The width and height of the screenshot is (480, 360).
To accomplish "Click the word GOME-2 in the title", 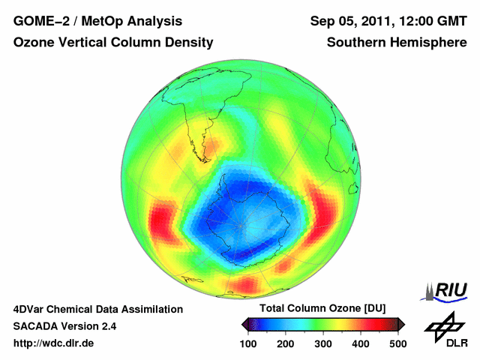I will [37, 20].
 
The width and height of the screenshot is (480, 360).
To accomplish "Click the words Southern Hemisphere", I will [397, 43].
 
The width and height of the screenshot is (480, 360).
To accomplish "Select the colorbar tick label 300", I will [324, 343].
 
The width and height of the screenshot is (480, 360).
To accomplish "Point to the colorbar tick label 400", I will [361, 343].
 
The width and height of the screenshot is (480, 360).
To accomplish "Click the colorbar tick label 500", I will [397, 343].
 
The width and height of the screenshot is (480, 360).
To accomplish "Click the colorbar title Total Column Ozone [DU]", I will [322, 309].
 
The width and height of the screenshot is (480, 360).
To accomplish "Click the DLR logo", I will [445, 331].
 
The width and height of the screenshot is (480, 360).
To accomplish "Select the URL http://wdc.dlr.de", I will [54, 343].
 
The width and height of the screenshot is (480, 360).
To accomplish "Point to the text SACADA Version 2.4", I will [64, 326].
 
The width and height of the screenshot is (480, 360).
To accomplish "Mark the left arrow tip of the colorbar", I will [244, 324].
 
